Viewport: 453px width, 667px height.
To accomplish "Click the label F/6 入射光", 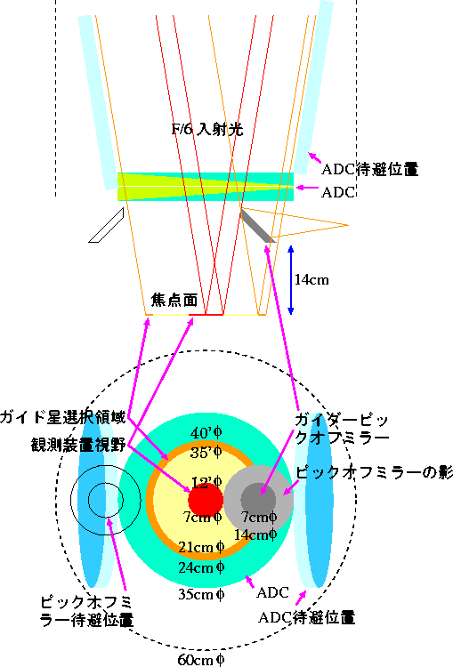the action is pos(207,129).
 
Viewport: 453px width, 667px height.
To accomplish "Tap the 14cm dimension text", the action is pos(311,279).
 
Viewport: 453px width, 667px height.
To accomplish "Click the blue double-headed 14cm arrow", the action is pos(291,280).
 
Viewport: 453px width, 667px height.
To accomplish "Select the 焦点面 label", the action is pos(174,300).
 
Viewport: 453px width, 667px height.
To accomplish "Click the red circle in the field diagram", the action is pos(206,500).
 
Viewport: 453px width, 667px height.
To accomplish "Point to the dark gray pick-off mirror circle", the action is pos(258,500).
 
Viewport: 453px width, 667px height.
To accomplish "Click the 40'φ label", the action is pos(206,433).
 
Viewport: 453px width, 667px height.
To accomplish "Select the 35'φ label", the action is pos(206,452).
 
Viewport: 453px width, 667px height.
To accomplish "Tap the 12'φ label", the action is pos(206,482).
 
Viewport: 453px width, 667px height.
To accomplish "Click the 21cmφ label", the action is pos(201,547).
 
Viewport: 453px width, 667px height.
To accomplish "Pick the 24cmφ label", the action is pos(201,567).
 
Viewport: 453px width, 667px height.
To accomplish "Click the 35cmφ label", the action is pos(201,594).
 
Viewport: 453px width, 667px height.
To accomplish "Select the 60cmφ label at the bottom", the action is pos(201,659).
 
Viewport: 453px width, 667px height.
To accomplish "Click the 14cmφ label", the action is pos(255,534).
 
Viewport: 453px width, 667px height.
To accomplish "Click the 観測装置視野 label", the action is pos(78,445).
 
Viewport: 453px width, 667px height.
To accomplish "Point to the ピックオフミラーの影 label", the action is pos(374,472).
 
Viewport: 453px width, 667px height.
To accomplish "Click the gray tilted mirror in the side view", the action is pos(257,226).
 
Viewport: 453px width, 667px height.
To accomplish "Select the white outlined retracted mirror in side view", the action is pos(106,225).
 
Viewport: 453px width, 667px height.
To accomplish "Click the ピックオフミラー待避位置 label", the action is pos(86,611).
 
